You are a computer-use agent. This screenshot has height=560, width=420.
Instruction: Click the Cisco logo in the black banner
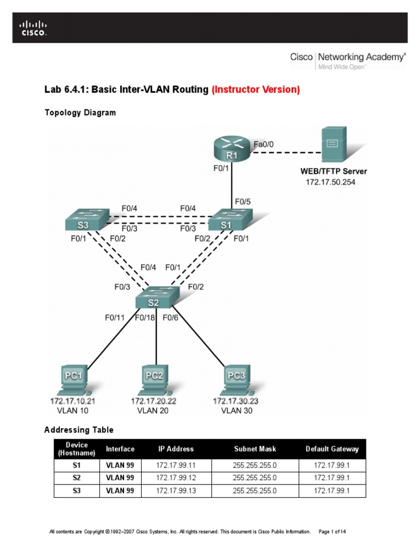33,28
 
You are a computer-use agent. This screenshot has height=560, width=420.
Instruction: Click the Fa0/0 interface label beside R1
263,144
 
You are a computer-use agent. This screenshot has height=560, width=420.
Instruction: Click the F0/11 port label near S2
116,317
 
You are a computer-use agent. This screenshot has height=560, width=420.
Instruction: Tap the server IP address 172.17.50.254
330,182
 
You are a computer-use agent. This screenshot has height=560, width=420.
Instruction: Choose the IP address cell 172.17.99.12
176,478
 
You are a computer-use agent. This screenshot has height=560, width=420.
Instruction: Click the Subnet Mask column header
255,449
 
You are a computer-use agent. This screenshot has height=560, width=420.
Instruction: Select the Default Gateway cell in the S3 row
332,491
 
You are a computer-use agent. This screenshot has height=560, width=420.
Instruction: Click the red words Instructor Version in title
256,90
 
